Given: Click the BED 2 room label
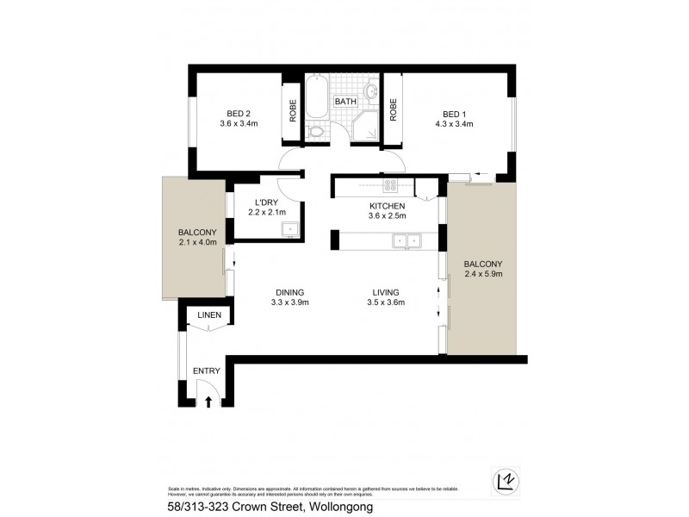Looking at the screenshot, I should tap(238, 113).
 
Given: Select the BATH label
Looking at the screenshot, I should tap(345, 102).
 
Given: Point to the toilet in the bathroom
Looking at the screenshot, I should tap(318, 131).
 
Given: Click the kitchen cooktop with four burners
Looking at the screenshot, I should tap(389, 184).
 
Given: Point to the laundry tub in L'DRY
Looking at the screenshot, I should tap(291, 229).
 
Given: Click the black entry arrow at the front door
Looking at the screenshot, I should tap(207, 401).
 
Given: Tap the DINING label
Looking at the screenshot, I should tap(289, 291).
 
